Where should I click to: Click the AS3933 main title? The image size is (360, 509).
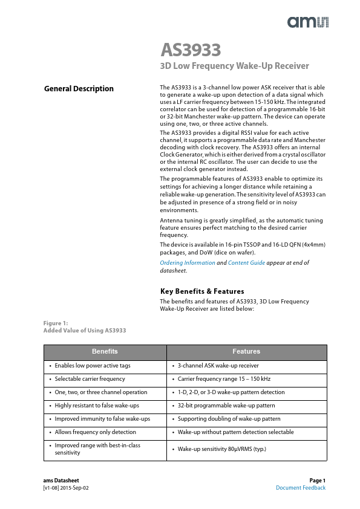pos(191,50)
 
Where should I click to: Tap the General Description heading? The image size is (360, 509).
pos(79,89)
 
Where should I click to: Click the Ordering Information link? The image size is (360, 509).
pos(187,263)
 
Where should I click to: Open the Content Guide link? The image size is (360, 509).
pos(246,263)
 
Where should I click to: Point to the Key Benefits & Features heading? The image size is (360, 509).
pos(201,291)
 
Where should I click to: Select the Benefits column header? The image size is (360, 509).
pos(105,351)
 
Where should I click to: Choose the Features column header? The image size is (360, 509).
pos(246,351)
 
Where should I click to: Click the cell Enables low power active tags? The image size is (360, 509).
pos(92,366)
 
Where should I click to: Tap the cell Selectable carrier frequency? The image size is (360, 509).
pos(90,379)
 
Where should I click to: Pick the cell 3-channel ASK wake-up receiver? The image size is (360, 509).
pos(218,366)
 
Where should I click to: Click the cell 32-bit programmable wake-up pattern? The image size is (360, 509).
pos(226,406)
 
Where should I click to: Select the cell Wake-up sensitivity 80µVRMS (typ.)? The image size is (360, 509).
pos(222,449)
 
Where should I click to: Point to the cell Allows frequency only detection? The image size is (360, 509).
pos(95,432)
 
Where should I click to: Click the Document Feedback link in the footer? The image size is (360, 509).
pos(301,488)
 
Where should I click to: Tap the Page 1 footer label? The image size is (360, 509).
pos(317,481)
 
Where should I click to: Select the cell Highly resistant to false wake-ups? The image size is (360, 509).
pos(96,406)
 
